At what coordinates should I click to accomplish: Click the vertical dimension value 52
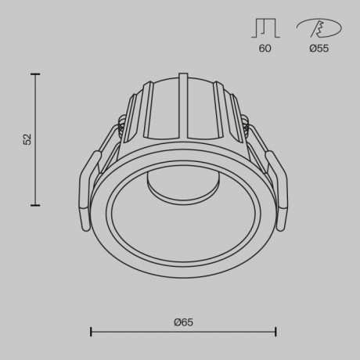pos(27,139)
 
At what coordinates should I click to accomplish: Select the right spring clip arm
pos(275,192)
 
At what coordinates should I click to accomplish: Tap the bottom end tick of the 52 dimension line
pos(34,205)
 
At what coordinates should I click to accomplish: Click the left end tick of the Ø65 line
pos(92,332)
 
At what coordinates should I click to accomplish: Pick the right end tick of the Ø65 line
pos(275,332)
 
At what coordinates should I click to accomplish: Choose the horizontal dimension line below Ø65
pos(183,332)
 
